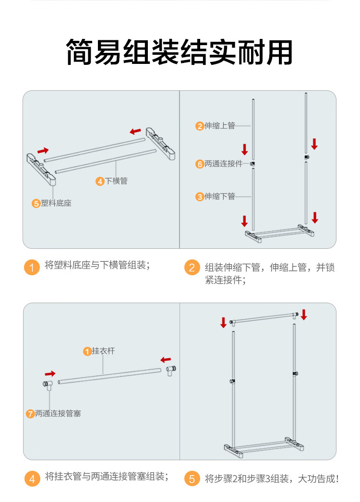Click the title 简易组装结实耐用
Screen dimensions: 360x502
click(180, 52)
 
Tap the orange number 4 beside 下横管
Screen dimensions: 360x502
click(100, 181)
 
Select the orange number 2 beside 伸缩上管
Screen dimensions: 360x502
click(200, 126)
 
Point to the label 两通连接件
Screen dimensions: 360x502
click(224, 164)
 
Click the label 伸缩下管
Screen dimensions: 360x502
click(220, 196)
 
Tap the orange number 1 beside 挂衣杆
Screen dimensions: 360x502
click(87, 351)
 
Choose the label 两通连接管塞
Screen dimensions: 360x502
click(58, 413)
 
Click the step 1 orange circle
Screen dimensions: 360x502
click(32, 267)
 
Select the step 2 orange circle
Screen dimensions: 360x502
click(192, 267)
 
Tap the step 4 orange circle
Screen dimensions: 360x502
click(32, 478)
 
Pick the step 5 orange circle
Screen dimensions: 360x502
click(192, 478)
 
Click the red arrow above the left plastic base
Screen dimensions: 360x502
click(43, 150)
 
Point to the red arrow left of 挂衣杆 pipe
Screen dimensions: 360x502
click(50, 373)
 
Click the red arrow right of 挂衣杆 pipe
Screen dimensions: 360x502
click(166, 359)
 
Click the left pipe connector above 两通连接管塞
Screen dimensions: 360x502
click(47, 384)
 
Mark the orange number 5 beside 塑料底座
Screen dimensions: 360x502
click(36, 203)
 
